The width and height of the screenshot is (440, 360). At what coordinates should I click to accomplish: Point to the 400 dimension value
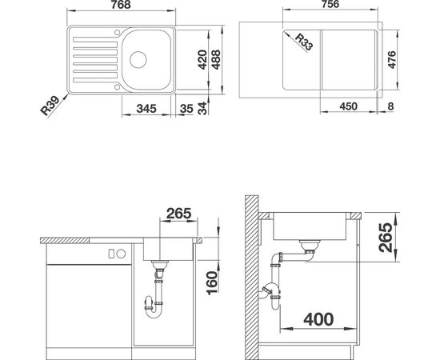pyautogui.click(x=319, y=318)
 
